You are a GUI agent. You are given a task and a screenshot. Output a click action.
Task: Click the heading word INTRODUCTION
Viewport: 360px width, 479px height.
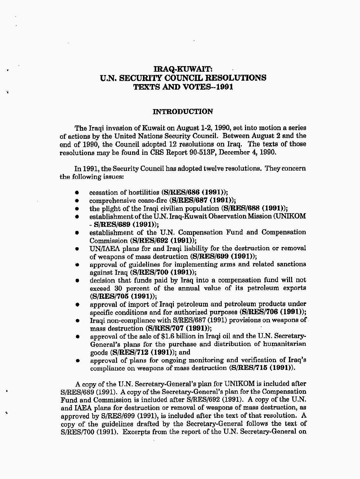[x=183, y=112]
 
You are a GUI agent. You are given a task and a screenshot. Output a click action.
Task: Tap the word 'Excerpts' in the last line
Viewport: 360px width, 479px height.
[x=136, y=432]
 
